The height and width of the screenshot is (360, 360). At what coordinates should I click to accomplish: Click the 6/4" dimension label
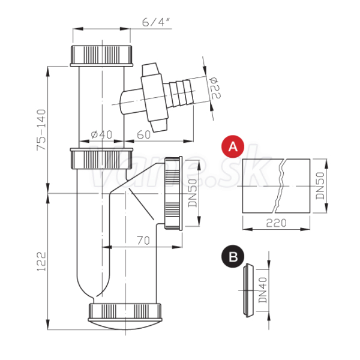156,22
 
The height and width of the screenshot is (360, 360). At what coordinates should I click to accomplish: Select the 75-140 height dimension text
41,130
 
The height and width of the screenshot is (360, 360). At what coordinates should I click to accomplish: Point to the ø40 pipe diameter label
101,134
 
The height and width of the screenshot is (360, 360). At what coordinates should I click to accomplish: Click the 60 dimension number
144,135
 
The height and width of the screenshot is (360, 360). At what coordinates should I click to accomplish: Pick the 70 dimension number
143,241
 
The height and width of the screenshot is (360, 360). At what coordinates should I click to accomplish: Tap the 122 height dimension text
41,262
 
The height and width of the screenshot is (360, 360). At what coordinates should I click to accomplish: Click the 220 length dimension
276,223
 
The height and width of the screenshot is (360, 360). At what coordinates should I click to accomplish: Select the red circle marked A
233,146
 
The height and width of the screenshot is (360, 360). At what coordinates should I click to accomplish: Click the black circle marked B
233,256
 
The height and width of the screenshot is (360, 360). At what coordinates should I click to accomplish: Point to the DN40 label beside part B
263,290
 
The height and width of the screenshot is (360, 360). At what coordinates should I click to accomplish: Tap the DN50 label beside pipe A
320,185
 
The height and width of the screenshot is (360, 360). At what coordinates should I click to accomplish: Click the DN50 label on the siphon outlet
193,193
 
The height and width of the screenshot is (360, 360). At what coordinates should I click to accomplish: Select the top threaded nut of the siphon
101,56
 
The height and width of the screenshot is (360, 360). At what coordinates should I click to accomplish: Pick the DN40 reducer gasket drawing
248,290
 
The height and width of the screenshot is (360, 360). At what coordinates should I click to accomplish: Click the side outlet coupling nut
173,193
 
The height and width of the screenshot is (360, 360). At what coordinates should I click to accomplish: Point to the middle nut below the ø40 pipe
101,158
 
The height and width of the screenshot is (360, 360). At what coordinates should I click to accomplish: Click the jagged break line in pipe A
280,186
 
